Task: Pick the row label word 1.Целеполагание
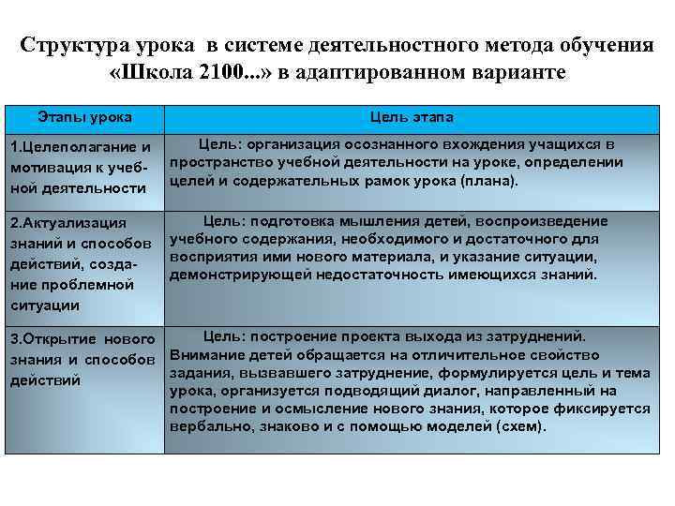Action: click(x=65, y=148)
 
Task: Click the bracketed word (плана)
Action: click(x=493, y=180)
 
